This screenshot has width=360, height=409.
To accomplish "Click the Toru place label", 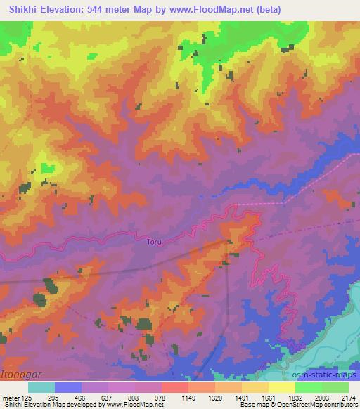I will tap(154, 242).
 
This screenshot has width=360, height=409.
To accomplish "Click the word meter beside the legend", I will tap(10, 398).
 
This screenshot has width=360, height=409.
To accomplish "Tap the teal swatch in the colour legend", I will tap(41, 387).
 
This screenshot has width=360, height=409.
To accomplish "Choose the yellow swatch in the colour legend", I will tap(282, 387).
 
